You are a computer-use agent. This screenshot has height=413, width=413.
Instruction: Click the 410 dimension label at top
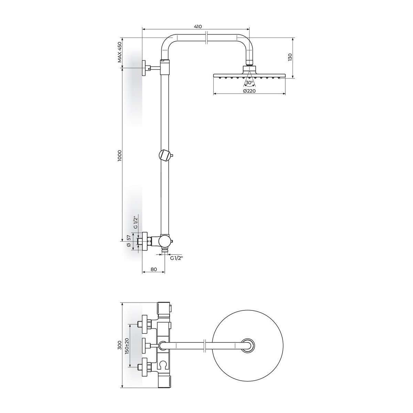198,27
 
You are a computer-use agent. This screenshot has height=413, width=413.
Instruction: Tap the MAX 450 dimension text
119,52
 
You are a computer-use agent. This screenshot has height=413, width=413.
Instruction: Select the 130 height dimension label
290,58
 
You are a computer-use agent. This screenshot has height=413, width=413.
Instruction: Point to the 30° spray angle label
249,83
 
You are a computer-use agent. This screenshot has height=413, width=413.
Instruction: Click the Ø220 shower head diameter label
249,91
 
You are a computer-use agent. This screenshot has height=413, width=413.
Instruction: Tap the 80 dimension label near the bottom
153,269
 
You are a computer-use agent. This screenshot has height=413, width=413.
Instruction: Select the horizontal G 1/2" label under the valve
176,258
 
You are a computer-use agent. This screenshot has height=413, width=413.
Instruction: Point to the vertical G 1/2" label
135,223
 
